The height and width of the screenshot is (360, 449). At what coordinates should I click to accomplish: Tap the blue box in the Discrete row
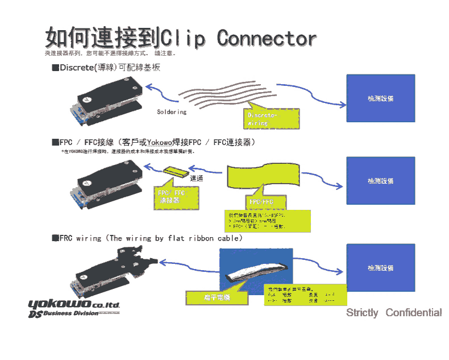tap(380, 98)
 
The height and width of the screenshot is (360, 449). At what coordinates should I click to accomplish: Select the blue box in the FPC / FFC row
tap(380, 180)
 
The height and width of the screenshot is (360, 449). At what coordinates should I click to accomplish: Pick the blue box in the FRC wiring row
tap(380, 267)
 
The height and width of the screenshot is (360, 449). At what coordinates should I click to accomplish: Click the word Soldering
tap(172, 112)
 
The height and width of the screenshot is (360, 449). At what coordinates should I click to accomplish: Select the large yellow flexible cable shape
tap(263, 177)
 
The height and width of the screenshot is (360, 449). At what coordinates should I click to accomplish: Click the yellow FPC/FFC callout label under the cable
tap(261, 202)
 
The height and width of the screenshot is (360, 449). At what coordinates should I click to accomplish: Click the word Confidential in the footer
tap(413, 313)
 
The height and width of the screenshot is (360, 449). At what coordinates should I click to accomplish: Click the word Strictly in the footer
tap(362, 313)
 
